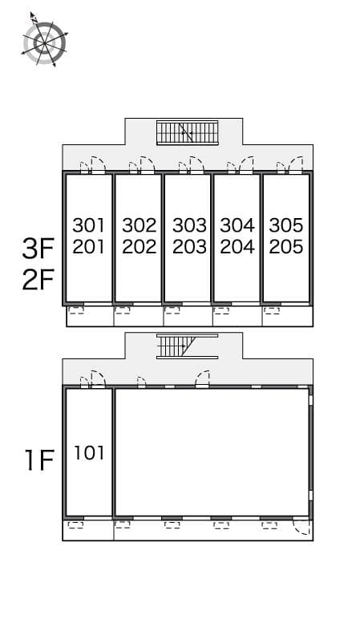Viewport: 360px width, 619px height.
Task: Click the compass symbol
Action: point(43,39)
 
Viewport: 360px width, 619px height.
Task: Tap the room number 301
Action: point(88,225)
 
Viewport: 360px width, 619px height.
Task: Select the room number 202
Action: point(139,247)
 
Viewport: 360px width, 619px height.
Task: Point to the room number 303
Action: point(189,225)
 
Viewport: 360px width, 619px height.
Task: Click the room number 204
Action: point(237,247)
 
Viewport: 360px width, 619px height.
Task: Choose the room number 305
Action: point(286,225)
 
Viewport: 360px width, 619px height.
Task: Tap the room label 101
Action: point(89,453)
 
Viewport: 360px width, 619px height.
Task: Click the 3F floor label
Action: point(38,249)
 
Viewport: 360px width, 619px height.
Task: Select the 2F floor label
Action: point(38,282)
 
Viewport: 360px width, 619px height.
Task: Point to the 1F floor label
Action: point(38,461)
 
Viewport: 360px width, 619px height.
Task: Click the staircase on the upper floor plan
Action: point(187,132)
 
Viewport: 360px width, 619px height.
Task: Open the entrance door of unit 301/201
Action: point(97,165)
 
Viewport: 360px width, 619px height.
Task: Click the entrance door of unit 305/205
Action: point(294,165)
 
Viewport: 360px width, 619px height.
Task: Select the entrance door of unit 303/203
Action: point(196,165)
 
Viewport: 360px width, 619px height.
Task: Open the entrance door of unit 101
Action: point(97,379)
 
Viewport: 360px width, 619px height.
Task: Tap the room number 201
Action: point(88,247)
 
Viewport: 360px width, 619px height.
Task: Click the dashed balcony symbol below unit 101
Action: point(76,526)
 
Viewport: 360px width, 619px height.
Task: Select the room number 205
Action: point(286,247)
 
